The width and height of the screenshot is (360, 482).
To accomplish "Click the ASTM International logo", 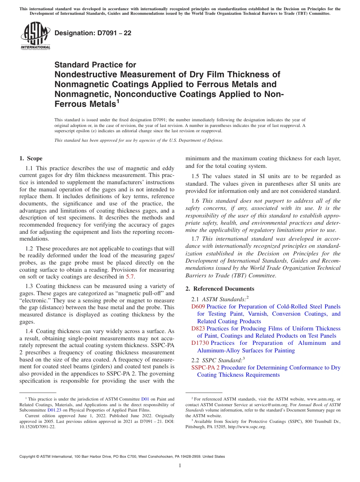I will [x=35, y=36].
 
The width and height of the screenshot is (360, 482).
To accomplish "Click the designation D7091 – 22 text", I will [x=93, y=33].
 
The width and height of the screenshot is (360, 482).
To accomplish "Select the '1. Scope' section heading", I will [x=31, y=158].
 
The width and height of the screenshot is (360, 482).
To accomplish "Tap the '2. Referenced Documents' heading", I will [x=220, y=289].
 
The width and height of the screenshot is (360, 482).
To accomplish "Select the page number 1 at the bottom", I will [x=180, y=466].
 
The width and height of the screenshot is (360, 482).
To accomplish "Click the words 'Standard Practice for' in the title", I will [x=95, y=65].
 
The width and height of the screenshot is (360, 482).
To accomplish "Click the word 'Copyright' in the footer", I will [x=29, y=457].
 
